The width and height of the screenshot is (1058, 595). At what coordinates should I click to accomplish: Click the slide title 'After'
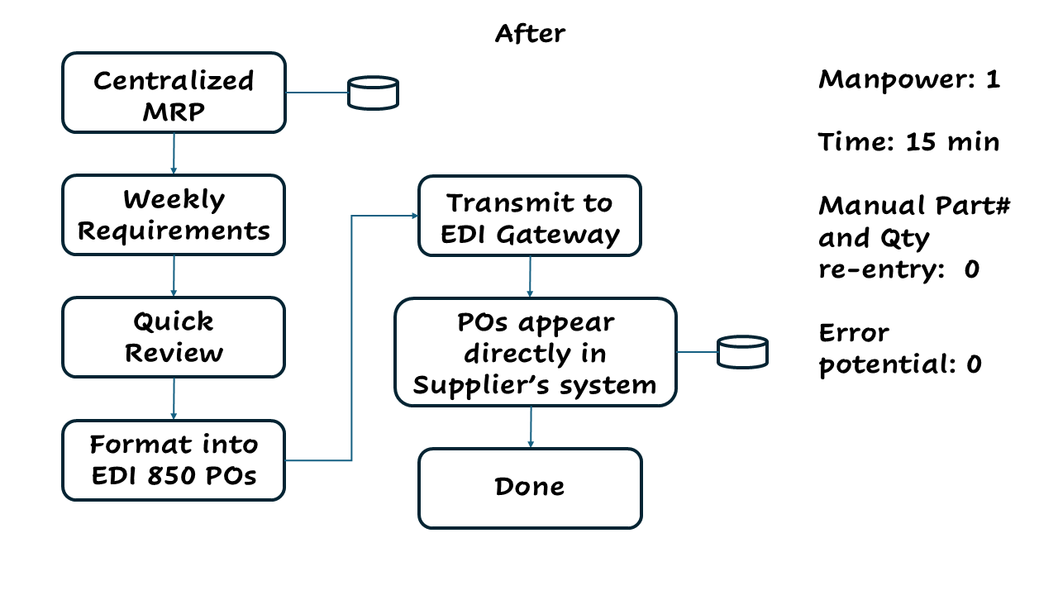(530, 34)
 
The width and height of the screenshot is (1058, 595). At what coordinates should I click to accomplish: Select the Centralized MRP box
(174, 93)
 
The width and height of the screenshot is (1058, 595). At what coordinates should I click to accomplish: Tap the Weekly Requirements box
(174, 215)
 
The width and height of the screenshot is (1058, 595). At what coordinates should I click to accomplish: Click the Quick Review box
(174, 337)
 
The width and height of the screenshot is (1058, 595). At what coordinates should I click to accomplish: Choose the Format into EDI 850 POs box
(174, 460)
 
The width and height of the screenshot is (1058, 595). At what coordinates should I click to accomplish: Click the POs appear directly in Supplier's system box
(535, 352)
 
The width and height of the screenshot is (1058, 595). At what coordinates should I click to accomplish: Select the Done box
(530, 488)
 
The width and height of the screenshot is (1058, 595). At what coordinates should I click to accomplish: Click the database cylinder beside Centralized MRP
(373, 93)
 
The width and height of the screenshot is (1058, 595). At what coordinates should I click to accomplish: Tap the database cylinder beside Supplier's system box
(742, 352)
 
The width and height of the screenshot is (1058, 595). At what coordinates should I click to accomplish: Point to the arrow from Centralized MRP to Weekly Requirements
(174, 154)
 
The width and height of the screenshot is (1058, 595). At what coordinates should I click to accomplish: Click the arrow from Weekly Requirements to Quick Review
(174, 276)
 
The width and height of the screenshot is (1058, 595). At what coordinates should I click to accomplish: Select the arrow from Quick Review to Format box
(174, 399)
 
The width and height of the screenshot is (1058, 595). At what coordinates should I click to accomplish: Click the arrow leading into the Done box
(530, 427)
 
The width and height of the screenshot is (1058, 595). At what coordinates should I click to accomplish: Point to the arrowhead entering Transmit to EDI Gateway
(414, 217)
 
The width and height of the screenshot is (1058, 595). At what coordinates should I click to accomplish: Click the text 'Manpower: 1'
(909, 80)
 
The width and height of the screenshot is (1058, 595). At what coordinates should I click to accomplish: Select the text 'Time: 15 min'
(909, 142)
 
